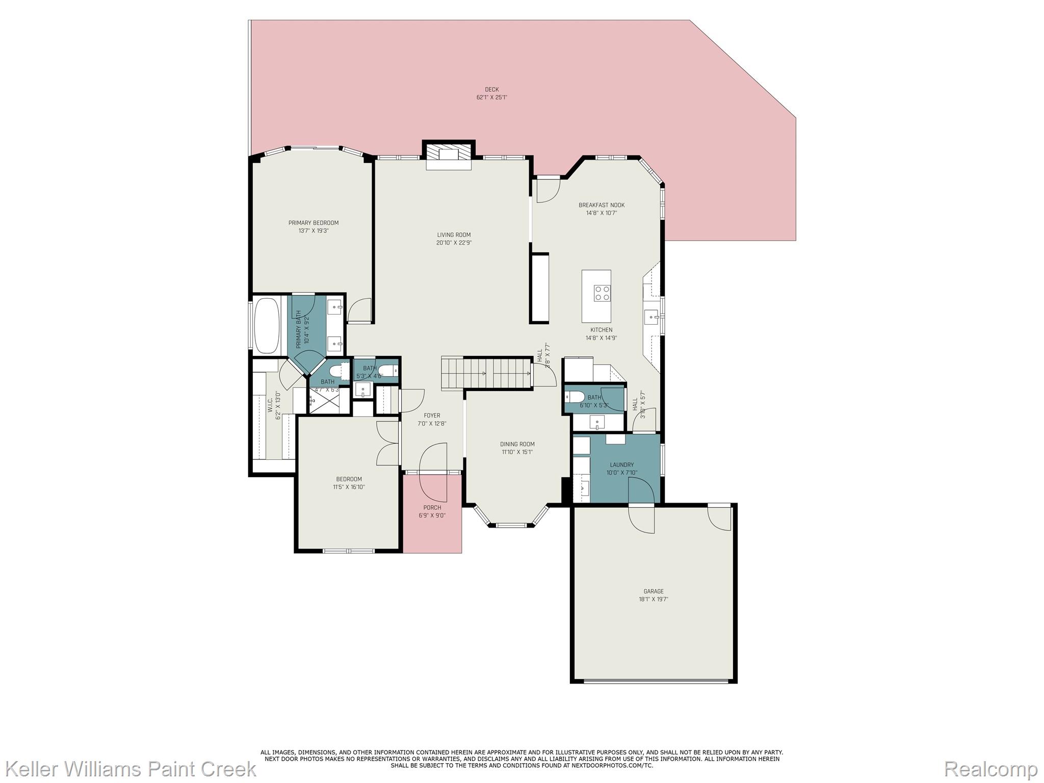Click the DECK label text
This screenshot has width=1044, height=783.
491,90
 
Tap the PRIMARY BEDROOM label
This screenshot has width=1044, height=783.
313,223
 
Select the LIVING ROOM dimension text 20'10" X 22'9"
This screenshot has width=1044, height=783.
454,243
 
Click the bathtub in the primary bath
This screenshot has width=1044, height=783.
267,325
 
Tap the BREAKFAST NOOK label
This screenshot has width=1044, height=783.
601,205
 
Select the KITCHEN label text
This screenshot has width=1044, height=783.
601,330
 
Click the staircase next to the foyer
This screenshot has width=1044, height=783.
487,374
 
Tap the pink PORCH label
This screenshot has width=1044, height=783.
432,507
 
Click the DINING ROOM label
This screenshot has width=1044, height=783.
517,444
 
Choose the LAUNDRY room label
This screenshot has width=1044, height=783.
621,465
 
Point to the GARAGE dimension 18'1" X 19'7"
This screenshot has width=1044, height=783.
653,599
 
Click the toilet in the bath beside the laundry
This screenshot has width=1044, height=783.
575,397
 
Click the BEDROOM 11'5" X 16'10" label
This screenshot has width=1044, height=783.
349,479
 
